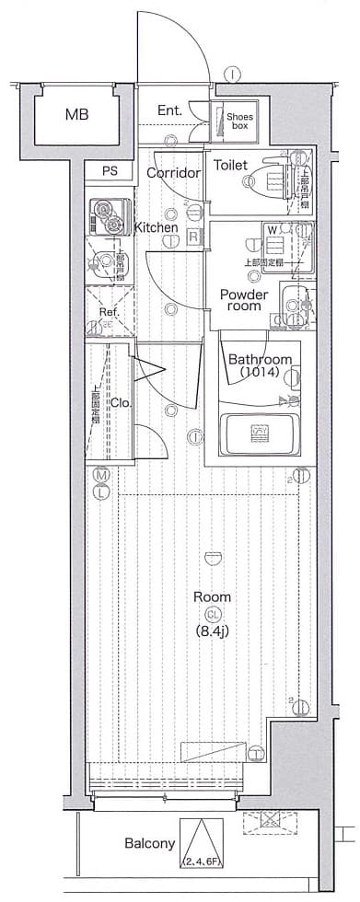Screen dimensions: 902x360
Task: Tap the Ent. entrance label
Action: (169, 111)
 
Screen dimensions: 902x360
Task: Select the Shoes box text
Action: (240, 121)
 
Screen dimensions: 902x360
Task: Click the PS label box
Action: (110, 170)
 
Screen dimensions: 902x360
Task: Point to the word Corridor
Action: (173, 173)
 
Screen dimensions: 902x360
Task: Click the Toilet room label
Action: (230, 166)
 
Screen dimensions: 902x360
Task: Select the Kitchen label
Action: (156, 227)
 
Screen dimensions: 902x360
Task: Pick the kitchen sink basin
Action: (105, 261)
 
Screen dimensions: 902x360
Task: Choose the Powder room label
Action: (243, 300)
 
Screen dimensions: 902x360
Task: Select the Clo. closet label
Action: (121, 402)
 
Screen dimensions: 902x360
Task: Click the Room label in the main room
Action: (206, 596)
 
